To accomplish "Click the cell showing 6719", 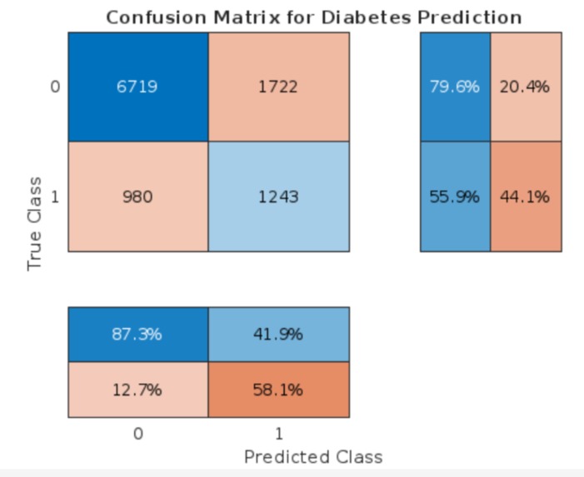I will [x=137, y=87].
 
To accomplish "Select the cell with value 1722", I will [x=278, y=87].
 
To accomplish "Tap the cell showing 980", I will [x=137, y=197].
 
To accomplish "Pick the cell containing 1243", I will [x=278, y=197].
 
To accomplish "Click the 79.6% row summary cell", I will [x=455, y=87].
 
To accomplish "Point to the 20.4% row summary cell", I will [x=525, y=87].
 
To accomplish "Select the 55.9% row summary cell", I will [x=455, y=197].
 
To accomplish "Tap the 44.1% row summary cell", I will [x=525, y=197].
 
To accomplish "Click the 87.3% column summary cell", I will [x=137, y=335].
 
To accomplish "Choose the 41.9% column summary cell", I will [x=278, y=335].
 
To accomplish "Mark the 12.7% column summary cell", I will [x=137, y=390].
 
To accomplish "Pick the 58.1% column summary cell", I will [x=278, y=390].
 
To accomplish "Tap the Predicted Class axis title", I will [x=313, y=456].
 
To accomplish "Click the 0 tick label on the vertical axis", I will [x=55, y=87].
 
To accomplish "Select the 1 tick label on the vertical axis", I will [x=55, y=197].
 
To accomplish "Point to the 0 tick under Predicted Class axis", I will [x=137, y=434].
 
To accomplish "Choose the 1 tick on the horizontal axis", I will [x=278, y=434].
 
